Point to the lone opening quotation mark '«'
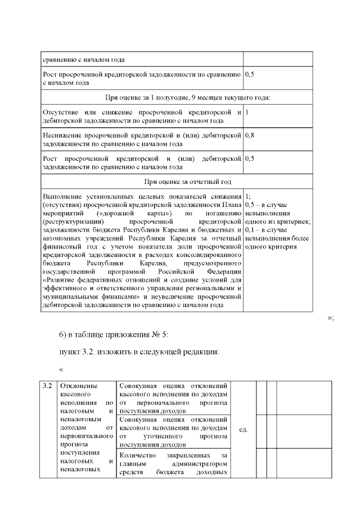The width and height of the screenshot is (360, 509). point(61,370)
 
